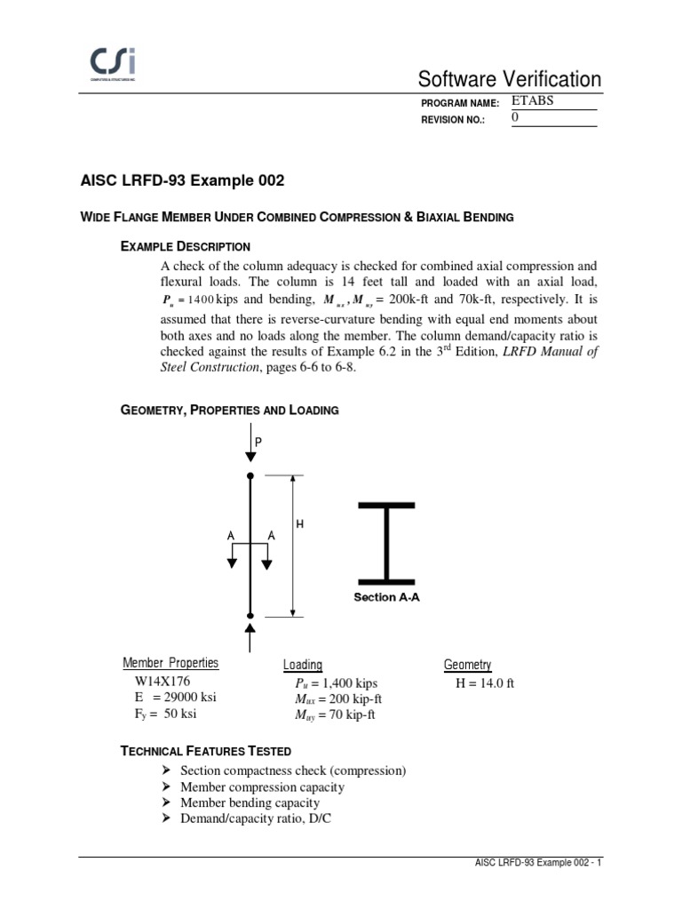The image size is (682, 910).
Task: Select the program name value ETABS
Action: [533, 100]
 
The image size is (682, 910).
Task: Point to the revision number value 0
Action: [516, 118]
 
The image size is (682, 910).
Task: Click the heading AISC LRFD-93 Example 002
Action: [183, 181]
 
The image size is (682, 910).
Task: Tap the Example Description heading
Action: [185, 246]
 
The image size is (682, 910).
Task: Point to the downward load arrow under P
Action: [250, 452]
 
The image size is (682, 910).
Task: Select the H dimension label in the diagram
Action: [299, 525]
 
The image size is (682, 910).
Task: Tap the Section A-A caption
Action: [386, 598]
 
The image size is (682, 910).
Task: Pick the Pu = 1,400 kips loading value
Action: [336, 683]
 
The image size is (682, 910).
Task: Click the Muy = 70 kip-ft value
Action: [334, 714]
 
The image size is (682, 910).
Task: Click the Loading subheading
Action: [303, 665]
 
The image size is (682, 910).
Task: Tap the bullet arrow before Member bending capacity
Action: [166, 803]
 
